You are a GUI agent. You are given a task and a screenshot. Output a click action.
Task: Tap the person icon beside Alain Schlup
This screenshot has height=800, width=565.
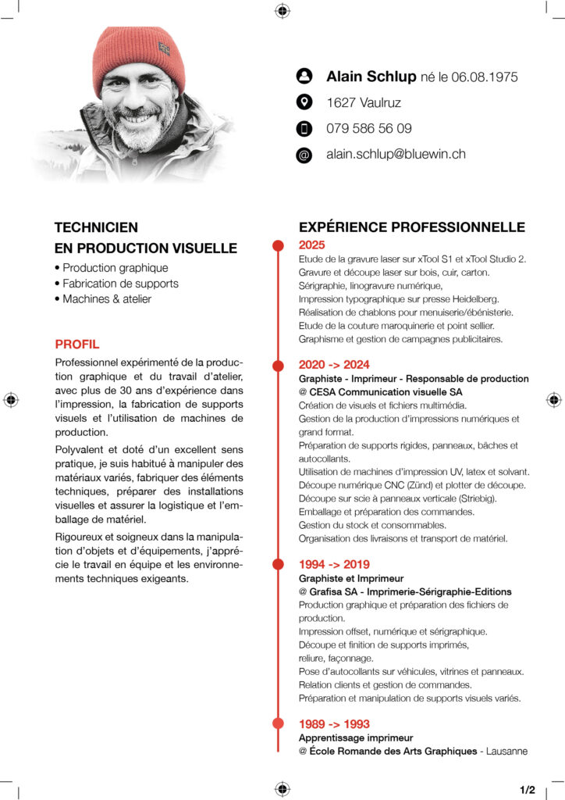coord(304,76)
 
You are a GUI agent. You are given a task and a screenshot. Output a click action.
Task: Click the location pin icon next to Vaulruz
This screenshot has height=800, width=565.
coord(304,102)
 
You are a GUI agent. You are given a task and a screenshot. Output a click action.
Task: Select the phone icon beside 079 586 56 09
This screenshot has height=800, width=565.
coord(304,128)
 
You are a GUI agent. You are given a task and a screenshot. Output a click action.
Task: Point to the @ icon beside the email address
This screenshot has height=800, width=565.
coord(304,155)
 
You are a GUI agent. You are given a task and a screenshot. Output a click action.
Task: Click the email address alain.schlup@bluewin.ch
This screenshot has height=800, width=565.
coord(396,154)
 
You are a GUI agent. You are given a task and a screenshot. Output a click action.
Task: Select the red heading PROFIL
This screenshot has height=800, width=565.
coord(77,344)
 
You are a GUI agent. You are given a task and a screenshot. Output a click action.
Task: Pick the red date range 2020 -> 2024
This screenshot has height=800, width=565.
coord(334,364)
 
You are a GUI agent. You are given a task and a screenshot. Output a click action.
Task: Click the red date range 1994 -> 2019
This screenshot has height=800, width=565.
coord(334,564)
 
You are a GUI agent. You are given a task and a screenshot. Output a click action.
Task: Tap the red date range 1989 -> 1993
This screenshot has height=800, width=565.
coord(334,723)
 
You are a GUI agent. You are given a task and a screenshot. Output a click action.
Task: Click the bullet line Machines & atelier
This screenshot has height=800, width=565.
coord(107,298)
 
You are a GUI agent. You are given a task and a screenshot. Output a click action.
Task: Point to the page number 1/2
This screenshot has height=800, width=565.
coord(527,790)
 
